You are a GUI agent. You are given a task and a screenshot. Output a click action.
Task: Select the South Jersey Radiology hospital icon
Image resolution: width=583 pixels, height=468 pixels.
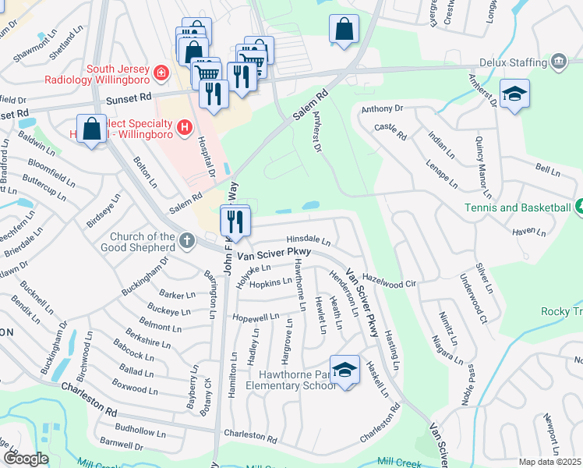(x=161, y=73)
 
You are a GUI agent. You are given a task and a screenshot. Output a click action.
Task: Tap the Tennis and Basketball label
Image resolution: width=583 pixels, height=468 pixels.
(x=528, y=207)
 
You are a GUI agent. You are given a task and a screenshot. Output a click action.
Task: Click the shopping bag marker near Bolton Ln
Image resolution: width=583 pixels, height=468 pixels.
(x=92, y=129)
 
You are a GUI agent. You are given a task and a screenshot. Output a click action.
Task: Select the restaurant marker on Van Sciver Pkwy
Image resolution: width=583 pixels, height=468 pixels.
(x=235, y=222)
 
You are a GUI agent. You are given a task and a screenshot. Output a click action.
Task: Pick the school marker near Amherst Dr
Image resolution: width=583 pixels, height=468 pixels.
(x=514, y=94)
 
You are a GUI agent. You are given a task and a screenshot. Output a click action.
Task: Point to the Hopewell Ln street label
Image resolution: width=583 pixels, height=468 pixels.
(x=256, y=317)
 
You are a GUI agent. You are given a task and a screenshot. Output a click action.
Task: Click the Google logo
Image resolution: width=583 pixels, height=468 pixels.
(x=26, y=459)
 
